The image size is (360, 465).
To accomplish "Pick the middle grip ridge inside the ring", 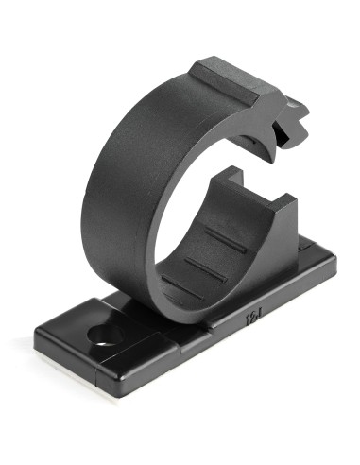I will point(206,267).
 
